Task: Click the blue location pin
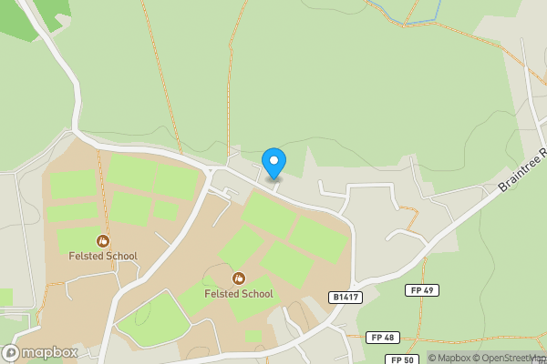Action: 273,163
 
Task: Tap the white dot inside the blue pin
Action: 273,161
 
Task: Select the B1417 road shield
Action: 344,298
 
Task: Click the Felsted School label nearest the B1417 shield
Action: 238,294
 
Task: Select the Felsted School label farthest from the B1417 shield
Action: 103,256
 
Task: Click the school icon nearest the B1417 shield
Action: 238,278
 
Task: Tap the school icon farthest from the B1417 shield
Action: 103,240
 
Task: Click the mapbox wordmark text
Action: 49,352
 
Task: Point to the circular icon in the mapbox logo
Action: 11,352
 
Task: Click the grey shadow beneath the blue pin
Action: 273,178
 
